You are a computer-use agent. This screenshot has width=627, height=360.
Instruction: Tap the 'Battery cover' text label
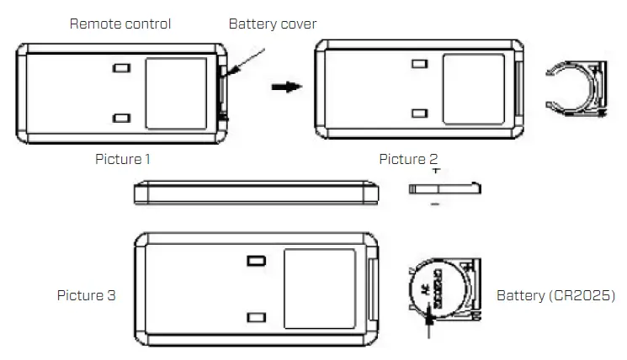pos(273,24)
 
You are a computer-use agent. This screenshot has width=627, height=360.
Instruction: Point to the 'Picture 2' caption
pos(408,158)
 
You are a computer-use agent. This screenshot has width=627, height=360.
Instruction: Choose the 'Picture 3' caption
pos(87,295)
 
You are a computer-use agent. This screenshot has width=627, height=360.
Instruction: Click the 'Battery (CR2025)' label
pos(555,295)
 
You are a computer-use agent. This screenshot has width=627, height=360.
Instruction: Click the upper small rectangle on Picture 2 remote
pos(418,63)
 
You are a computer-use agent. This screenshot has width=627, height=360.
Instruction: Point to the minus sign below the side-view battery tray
pos(434,203)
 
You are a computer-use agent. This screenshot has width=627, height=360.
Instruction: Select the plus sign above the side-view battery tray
pos(434,171)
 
